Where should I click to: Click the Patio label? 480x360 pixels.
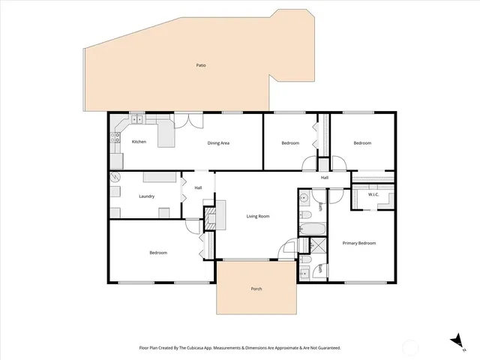point(201,65)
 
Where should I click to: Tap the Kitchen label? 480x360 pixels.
point(139,142)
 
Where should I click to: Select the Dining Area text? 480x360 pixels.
point(218,142)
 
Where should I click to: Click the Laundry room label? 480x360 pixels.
point(147,196)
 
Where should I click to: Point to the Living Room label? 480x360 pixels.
point(257,217)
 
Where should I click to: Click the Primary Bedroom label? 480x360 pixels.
point(358,244)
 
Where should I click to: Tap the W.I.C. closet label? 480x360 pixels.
point(373,195)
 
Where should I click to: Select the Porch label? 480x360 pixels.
point(256,289)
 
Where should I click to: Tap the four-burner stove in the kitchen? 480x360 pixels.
point(116,137)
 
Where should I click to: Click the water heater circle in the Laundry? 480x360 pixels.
point(115,178)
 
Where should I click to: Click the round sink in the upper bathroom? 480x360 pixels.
point(304,199)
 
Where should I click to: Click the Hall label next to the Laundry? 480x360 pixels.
point(198,187)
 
